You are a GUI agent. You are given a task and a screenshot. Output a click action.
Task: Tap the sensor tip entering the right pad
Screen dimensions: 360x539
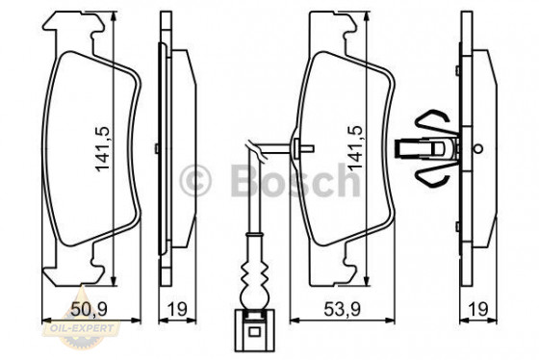(301, 147)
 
